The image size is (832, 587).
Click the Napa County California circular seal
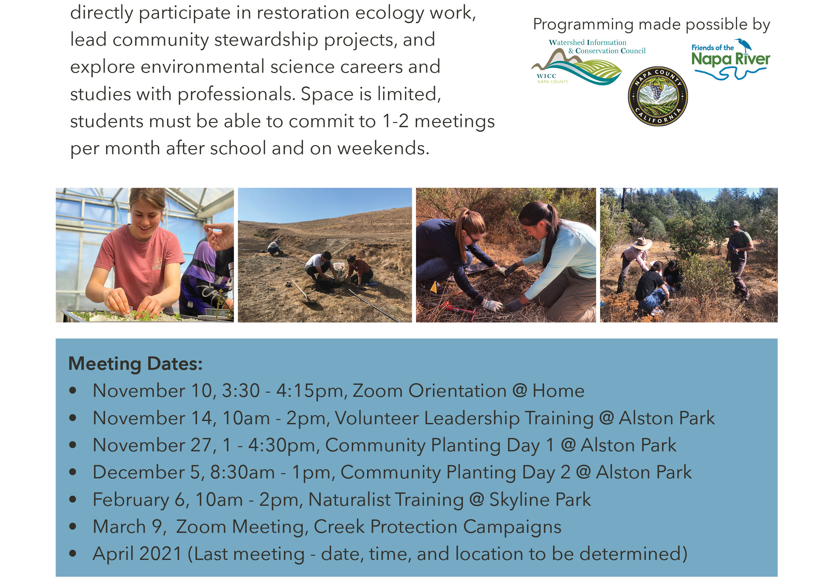pyautogui.click(x=658, y=96)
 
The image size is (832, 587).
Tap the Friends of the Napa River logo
pyautogui.click(x=731, y=59)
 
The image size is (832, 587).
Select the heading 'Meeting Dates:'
pyautogui.click(x=135, y=364)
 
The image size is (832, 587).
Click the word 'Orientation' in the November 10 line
pyautogui.click(x=457, y=391)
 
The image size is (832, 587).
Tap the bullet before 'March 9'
pyautogui.click(x=73, y=527)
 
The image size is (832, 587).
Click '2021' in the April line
pyautogui.click(x=161, y=554)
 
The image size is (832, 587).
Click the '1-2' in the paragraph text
pyautogui.click(x=395, y=121)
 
